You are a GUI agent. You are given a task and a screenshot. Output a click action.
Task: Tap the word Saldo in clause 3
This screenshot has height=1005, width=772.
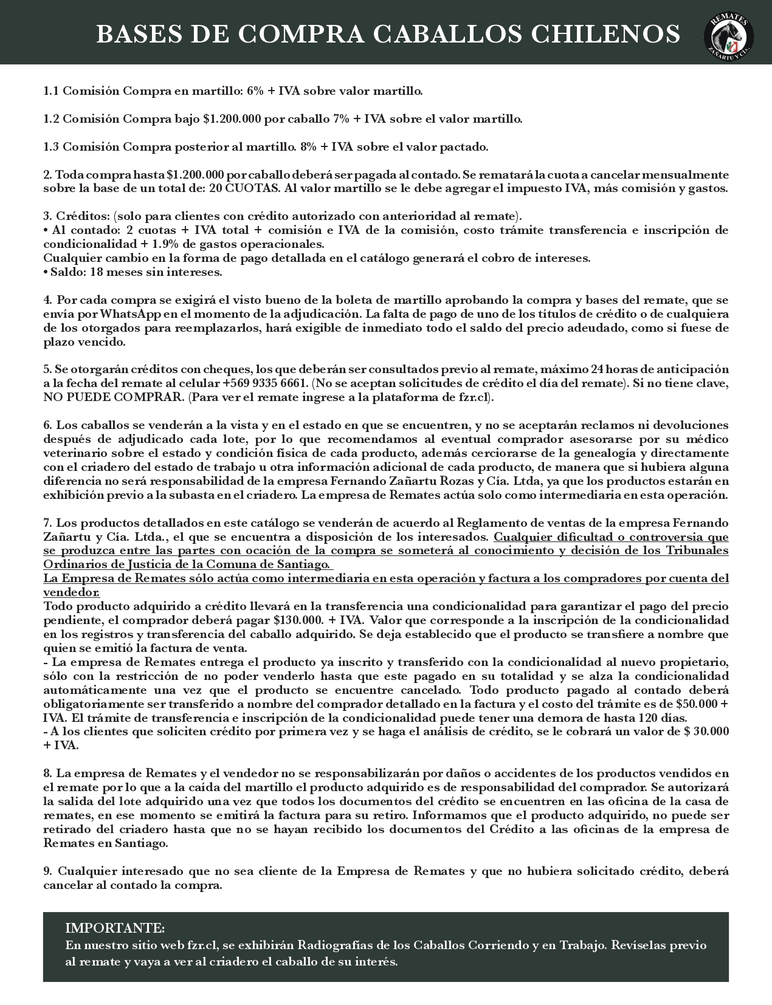click(67, 272)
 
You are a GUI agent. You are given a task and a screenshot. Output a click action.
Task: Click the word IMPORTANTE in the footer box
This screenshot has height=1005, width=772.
click(114, 928)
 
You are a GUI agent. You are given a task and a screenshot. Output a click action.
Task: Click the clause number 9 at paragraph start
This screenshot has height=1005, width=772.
click(47, 871)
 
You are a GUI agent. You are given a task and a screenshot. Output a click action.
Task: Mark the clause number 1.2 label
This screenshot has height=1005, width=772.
click(50, 119)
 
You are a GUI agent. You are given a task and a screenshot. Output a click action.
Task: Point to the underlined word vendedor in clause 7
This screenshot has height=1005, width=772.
click(71, 592)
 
